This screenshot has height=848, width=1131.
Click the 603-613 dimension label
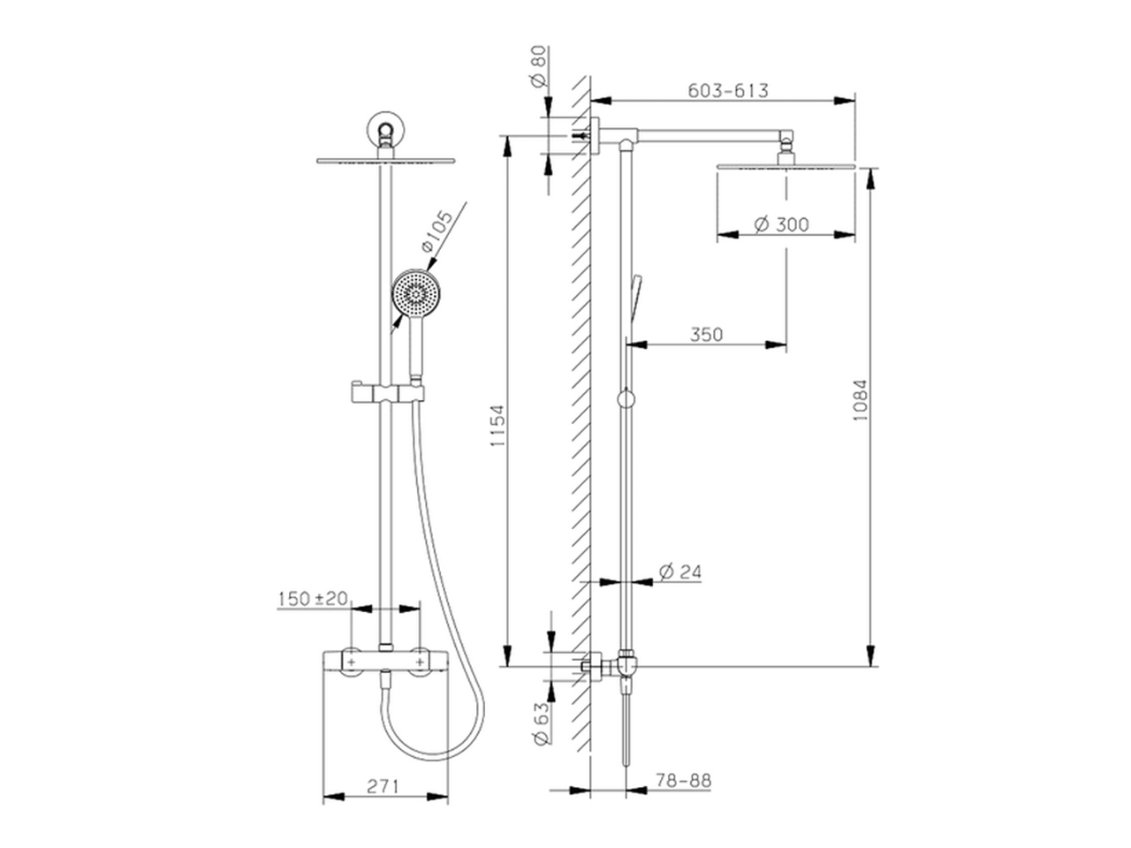(727, 91)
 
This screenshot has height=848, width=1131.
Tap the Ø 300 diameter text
(781, 224)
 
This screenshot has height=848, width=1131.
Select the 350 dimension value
(706, 335)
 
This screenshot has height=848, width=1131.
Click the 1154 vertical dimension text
(497, 426)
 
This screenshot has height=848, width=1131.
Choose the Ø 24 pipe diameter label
(680, 572)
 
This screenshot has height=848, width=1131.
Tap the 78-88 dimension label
(683, 781)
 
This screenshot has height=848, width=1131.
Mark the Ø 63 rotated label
(542, 723)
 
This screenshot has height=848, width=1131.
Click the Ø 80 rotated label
(537, 66)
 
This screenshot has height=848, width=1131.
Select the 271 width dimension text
(383, 786)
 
